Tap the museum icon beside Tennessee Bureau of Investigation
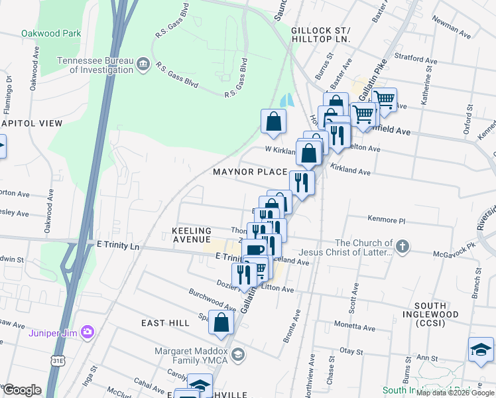point(143,64)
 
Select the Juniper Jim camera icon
point(87,332)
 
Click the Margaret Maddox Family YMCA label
point(191,355)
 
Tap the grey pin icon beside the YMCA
point(238,356)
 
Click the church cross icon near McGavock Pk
point(402,247)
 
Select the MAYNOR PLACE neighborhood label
point(250,172)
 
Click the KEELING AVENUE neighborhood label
point(191,234)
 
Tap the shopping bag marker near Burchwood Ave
point(221,322)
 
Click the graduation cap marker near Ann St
point(481,349)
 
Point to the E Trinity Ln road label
point(119,246)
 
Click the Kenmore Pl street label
point(385,220)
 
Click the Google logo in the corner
point(22,390)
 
